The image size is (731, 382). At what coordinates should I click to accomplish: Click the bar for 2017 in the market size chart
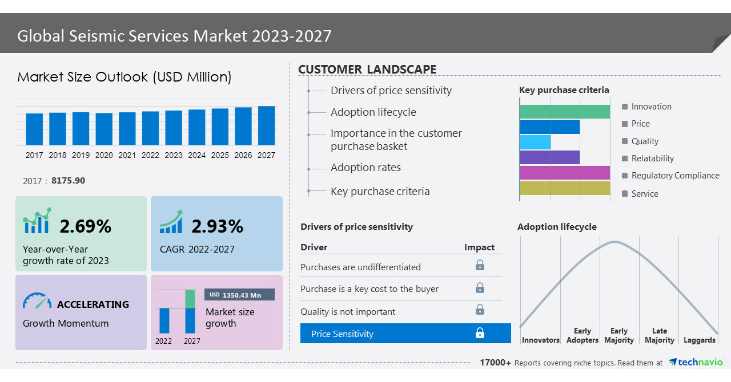(x=34, y=129)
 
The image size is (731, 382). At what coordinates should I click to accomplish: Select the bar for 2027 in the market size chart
(x=266, y=125)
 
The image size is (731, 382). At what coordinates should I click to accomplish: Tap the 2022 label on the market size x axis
(x=150, y=155)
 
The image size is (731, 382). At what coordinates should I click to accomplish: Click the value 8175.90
(x=68, y=181)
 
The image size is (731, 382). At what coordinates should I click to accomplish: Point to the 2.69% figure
(x=86, y=226)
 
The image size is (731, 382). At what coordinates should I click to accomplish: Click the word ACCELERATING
(x=93, y=304)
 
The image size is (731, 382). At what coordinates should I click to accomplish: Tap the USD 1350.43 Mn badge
(x=239, y=295)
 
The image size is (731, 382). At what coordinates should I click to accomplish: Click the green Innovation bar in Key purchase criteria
(x=565, y=112)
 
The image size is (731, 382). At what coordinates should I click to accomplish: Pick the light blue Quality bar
(x=535, y=142)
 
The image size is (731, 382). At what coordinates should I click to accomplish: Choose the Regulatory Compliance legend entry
(x=674, y=176)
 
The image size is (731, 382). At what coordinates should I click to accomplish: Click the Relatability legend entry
(x=652, y=159)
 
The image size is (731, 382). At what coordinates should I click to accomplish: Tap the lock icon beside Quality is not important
(x=480, y=310)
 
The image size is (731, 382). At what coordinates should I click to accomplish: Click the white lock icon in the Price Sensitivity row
(x=480, y=333)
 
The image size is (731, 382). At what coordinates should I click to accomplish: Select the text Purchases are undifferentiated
(x=360, y=267)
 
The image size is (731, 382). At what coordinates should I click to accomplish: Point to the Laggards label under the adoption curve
(x=699, y=340)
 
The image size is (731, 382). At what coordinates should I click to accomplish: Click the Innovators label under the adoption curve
(x=540, y=340)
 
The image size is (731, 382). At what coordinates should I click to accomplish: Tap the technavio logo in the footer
(x=696, y=362)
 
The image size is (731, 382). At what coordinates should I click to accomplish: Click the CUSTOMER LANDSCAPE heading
(x=367, y=70)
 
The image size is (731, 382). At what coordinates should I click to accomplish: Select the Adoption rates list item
(x=365, y=168)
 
